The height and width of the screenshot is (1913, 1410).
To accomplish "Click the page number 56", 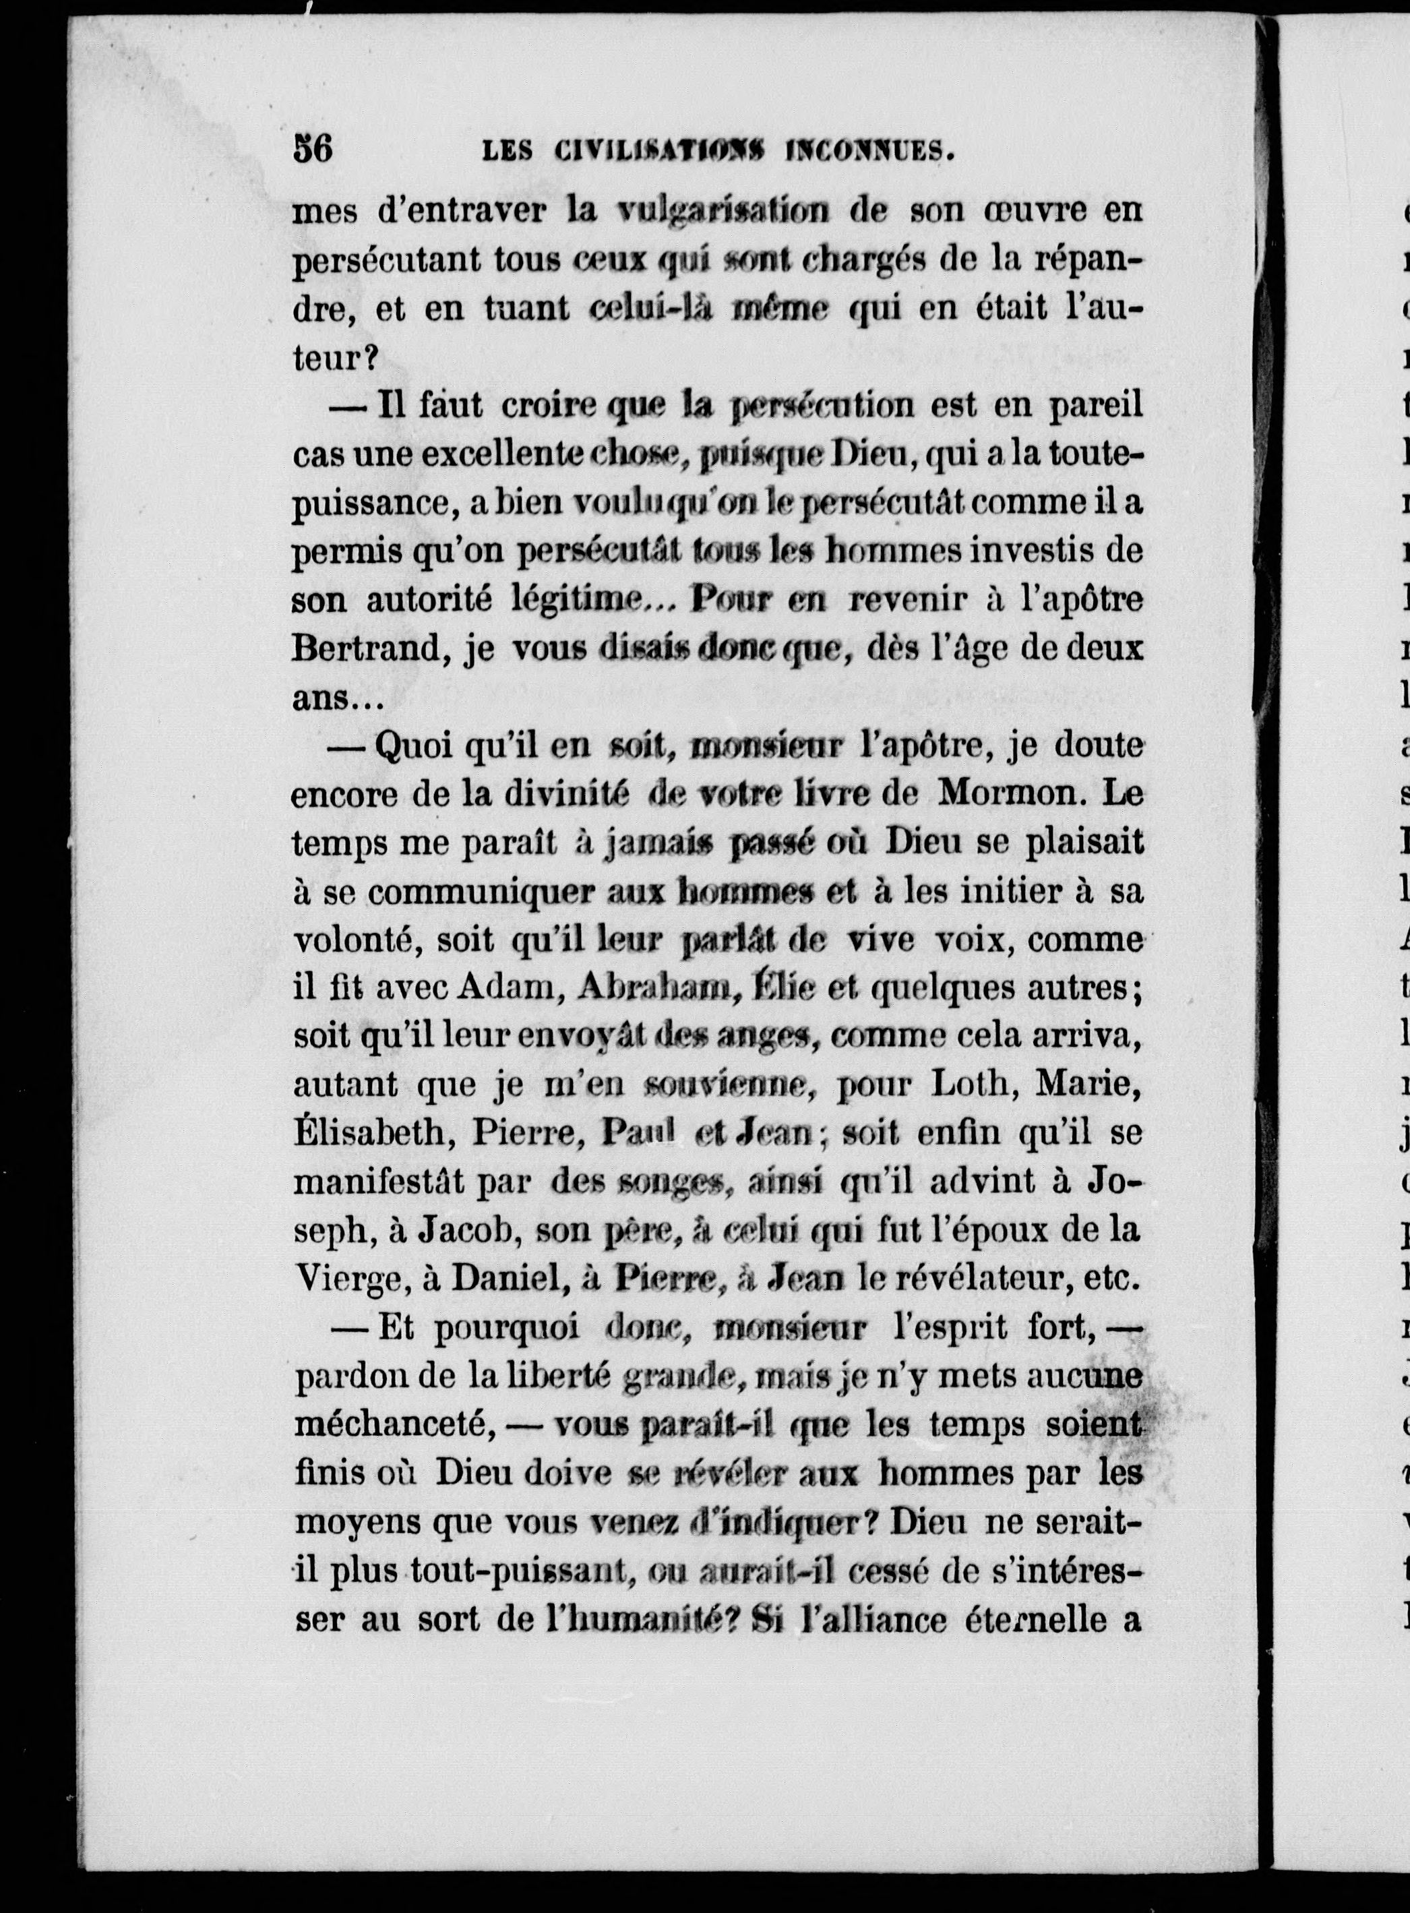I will click(312, 150).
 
